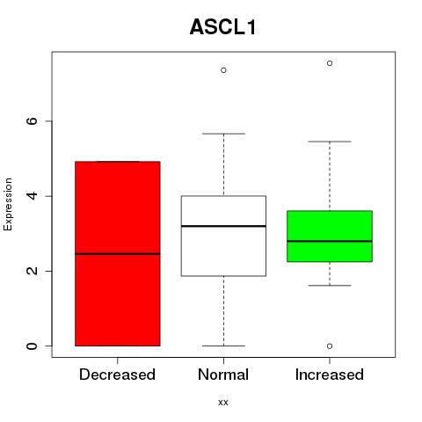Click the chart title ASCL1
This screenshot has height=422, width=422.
pyautogui.click(x=223, y=27)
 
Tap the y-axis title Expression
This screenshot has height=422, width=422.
pyautogui.click(x=8, y=204)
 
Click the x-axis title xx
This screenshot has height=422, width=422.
pyautogui.click(x=223, y=402)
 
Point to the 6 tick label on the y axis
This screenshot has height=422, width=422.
pyautogui.click(x=32, y=121)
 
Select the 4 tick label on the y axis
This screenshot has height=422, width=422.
pyautogui.click(x=32, y=196)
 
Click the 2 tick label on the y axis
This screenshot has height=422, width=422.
pyautogui.click(x=32, y=271)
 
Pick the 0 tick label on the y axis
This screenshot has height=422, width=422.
pyautogui.click(x=32, y=346)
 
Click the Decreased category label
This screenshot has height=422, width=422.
pyautogui.click(x=117, y=375)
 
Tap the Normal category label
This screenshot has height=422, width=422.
pyautogui.click(x=223, y=375)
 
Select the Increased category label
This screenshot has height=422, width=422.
pyautogui.click(x=330, y=375)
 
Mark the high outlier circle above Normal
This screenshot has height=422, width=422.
pyautogui.click(x=223, y=70)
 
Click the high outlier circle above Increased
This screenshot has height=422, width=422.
pyautogui.click(x=330, y=63)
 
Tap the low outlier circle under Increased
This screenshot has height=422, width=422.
pyautogui.click(x=330, y=346)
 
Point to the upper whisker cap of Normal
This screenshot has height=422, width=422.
pyautogui.click(x=223, y=134)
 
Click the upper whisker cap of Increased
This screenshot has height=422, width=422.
pyautogui.click(x=330, y=142)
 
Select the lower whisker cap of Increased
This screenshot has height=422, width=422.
pyautogui.click(x=330, y=286)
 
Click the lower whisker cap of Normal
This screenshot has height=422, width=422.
pyautogui.click(x=223, y=346)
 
